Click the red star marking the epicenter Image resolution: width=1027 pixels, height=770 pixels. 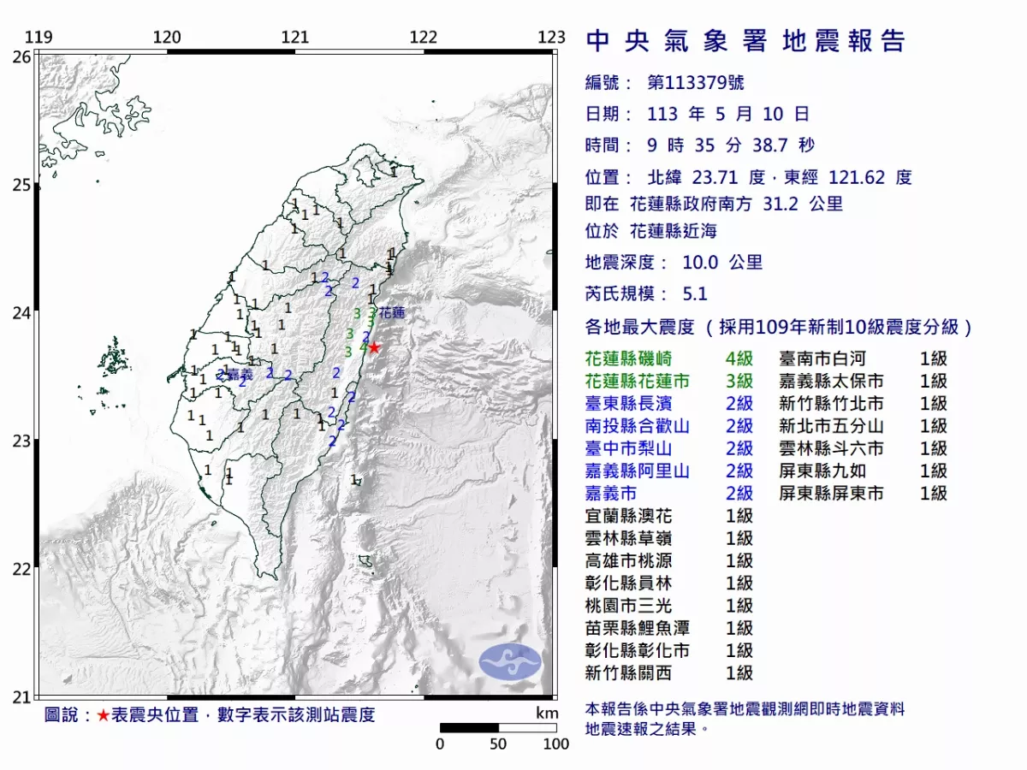pos(374,347)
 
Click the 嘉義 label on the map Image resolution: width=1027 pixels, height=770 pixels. pos(238,374)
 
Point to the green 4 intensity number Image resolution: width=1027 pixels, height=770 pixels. pos(364,348)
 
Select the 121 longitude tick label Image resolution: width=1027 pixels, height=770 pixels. pos(295,37)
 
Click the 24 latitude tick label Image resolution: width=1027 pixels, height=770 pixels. pos(22,313)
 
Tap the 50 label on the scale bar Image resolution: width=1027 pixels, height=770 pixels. pos(498,743)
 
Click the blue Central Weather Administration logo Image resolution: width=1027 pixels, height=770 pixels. pos(510,662)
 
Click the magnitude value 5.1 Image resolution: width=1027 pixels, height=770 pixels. pos(695,293)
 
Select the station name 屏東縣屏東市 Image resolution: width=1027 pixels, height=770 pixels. pos(831,493)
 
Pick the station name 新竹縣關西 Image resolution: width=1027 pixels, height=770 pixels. pos(629,672)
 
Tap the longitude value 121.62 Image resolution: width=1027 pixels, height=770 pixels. pos(857,178)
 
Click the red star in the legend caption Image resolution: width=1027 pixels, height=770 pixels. pos(103,715)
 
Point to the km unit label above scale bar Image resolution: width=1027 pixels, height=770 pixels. pos(547,714)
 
